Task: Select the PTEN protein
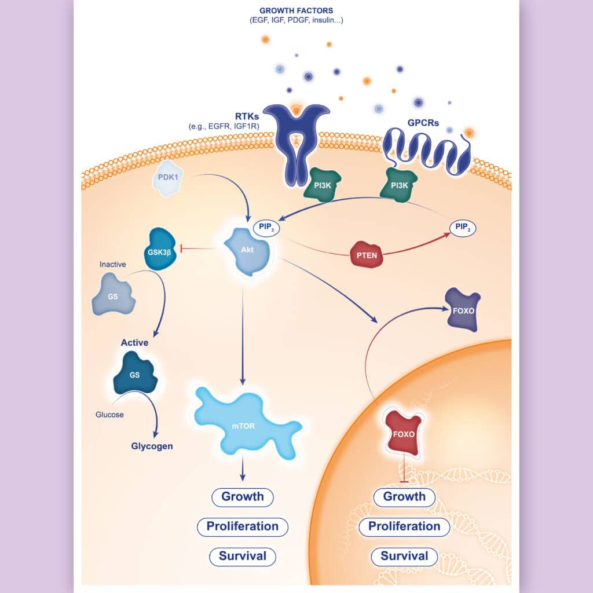click(367, 255)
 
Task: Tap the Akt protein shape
click(247, 251)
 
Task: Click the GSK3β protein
click(160, 249)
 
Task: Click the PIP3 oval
click(266, 228)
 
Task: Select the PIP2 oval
click(463, 228)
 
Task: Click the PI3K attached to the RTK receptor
click(322, 185)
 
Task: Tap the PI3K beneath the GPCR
click(399, 185)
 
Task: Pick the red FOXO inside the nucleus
click(403, 433)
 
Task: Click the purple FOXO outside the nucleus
click(463, 310)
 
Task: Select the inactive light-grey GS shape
click(113, 295)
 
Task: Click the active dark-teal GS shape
click(135, 374)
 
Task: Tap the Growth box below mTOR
click(243, 497)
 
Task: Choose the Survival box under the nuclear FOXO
click(404, 557)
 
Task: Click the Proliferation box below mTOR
click(243, 527)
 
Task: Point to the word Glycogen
click(152, 446)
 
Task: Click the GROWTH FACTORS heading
click(296, 10)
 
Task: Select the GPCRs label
click(423, 123)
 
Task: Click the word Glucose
click(109, 415)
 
